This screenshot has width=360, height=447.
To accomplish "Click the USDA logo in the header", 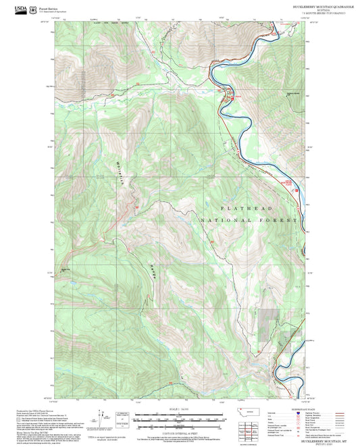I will (11, 7).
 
